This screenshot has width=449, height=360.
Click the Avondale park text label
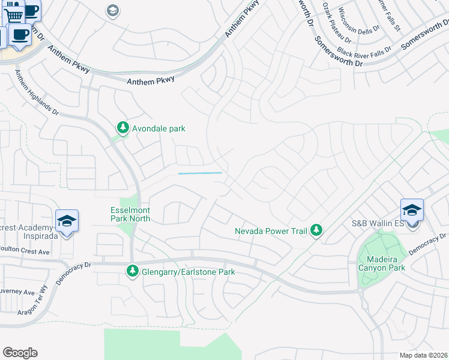[158, 128]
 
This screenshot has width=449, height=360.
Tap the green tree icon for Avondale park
[123, 127]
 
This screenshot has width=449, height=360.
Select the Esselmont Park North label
[130, 215]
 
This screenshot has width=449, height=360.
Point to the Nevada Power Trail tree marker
[316, 230]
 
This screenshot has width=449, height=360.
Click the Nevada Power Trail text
[270, 231]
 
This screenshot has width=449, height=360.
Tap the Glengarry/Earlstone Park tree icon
[132, 272]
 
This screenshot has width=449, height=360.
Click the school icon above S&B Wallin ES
[412, 210]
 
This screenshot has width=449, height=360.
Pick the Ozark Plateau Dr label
[335, 17]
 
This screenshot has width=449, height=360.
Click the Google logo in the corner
[20, 353]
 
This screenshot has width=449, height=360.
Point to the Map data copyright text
[424, 355]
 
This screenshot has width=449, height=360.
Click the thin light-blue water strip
[200, 173]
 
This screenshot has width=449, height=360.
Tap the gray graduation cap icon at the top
[112, 10]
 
